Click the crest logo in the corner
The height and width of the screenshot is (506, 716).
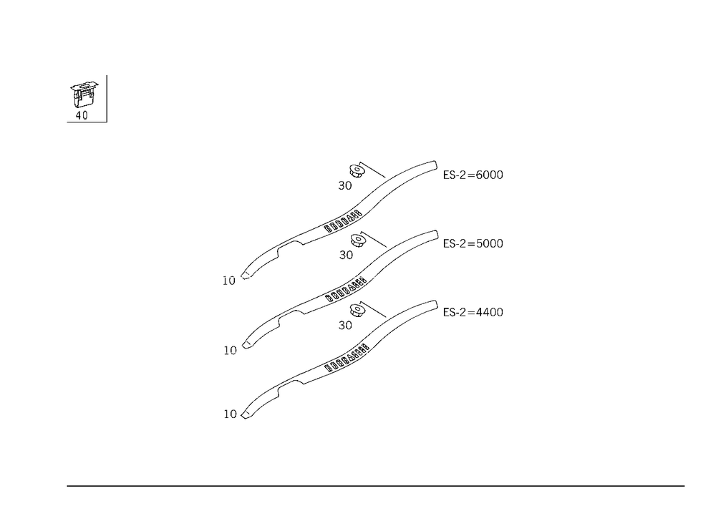(83, 99)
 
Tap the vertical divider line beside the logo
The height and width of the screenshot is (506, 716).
(108, 99)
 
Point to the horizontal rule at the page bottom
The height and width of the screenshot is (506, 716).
(376, 485)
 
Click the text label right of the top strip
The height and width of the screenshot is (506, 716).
(475, 175)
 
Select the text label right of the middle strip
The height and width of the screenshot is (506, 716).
(475, 244)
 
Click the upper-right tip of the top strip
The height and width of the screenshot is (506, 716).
(432, 162)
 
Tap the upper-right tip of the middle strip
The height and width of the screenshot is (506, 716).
(432, 233)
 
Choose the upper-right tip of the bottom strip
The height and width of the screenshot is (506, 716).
(432, 301)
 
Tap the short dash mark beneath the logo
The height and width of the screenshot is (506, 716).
(68, 123)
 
